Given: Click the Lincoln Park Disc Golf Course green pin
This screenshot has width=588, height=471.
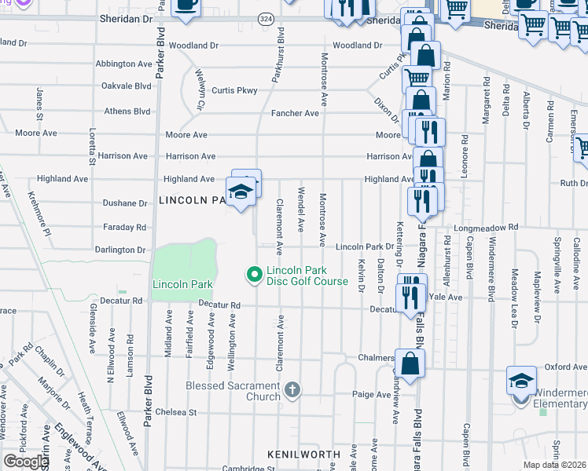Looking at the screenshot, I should [x=254, y=274].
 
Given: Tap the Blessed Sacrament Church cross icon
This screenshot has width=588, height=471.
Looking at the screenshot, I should [x=292, y=390].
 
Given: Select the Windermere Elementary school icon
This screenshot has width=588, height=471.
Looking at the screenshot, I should [x=521, y=382].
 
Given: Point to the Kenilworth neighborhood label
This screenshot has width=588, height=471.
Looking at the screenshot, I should [x=303, y=455].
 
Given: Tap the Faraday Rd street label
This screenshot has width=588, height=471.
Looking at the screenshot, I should [x=125, y=227].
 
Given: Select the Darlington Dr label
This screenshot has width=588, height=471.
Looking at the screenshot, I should [x=119, y=250].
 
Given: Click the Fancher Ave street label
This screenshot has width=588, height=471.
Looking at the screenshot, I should [x=295, y=113].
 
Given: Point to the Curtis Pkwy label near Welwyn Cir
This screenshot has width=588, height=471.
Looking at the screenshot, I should [x=235, y=90].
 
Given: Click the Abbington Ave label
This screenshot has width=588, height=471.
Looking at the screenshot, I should [x=123, y=64].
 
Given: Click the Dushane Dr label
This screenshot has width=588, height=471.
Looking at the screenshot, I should [x=125, y=203].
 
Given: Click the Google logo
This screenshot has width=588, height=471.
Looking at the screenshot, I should [x=25, y=462].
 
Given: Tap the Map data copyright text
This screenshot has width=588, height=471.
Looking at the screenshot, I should [x=555, y=465].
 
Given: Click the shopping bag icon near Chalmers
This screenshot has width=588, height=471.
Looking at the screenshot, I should [x=410, y=363].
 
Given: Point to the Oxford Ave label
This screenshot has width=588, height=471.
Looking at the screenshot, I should [x=566, y=367].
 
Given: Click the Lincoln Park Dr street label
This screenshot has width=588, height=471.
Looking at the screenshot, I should [x=364, y=246].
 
